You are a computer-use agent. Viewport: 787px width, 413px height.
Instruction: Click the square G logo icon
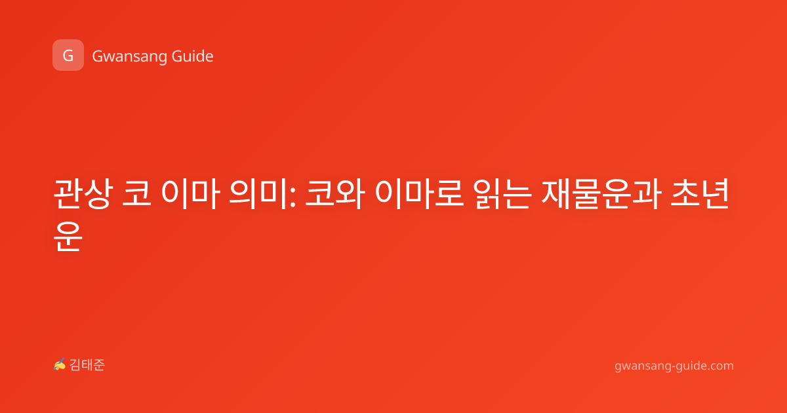[68, 55]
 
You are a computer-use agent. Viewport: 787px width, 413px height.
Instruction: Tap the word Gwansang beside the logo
[129, 56]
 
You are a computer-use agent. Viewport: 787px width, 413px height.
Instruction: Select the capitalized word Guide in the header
[193, 56]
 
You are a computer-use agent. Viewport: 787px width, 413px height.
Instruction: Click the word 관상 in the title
[84, 194]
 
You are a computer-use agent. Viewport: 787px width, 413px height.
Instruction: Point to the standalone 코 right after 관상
[136, 193]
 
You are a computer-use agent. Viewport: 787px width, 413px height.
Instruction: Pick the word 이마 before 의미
[191, 194]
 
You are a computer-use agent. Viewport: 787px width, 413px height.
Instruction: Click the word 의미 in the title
[257, 194]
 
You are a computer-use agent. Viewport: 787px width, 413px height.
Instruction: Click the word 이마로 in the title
[419, 194]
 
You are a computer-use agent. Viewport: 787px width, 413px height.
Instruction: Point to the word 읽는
[502, 194]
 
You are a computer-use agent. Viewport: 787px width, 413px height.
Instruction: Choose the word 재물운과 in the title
[601, 194]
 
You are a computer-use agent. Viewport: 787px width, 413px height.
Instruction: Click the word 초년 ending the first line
[700, 194]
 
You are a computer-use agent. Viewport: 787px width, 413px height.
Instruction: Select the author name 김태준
[87, 365]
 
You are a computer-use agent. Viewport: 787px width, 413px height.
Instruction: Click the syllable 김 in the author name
[75, 365]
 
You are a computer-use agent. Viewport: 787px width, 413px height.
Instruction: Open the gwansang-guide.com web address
[674, 366]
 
